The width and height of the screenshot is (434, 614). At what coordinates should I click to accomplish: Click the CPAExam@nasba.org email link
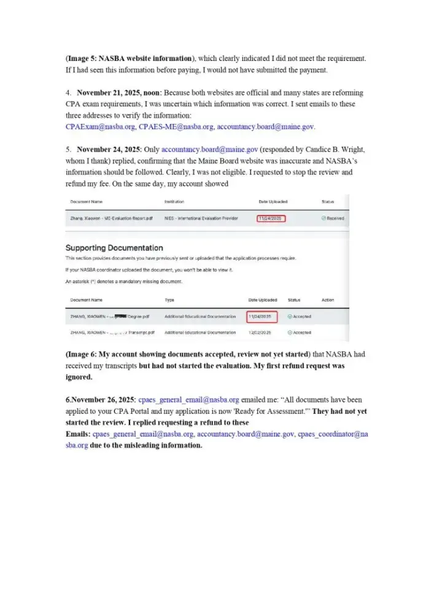point(100,126)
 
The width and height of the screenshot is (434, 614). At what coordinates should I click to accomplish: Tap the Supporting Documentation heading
point(114,248)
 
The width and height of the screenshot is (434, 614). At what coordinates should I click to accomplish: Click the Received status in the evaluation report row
point(333,219)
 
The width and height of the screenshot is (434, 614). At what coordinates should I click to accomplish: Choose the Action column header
point(328,300)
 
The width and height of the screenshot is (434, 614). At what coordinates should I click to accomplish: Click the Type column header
point(169,300)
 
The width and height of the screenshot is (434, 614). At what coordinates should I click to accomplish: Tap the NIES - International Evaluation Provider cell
point(197,219)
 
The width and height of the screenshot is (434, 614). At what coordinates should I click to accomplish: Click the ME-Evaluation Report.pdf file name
point(108,219)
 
